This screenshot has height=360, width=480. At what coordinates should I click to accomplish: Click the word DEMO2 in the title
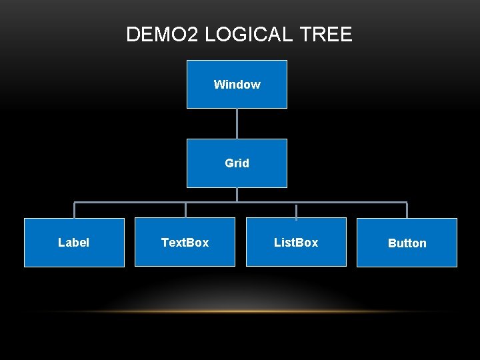[162, 35]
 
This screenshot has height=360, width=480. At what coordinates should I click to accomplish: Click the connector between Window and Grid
[237, 123]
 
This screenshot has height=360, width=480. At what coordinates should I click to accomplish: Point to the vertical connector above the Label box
[74, 210]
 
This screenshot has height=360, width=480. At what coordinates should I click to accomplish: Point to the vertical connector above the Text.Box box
[185, 210]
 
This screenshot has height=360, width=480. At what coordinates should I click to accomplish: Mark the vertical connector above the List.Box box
[296, 210]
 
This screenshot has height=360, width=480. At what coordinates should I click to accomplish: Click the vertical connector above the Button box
[407, 210]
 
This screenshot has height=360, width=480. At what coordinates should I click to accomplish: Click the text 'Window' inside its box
[237, 85]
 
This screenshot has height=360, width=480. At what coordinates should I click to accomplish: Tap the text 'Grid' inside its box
[237, 163]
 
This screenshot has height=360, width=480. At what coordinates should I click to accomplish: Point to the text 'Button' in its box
[407, 243]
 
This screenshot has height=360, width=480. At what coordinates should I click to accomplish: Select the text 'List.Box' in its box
[296, 243]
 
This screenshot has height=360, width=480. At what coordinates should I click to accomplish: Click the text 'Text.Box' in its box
[185, 243]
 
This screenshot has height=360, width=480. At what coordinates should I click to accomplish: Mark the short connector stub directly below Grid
[237, 195]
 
